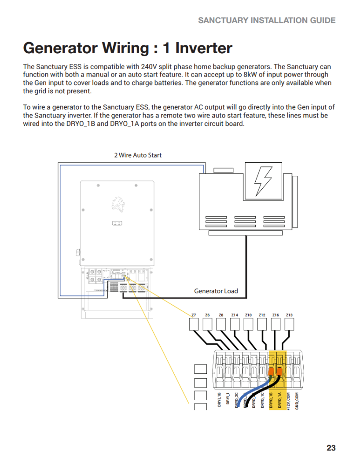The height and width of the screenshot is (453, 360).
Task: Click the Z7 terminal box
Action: (194, 324)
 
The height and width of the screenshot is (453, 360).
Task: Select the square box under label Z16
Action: (276, 324)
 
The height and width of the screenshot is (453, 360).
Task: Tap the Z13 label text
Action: (289, 315)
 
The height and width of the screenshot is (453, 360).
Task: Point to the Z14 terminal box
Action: (235, 324)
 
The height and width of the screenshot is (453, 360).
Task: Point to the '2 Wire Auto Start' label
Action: (138, 155)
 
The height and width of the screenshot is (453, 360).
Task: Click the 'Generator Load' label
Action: (216, 291)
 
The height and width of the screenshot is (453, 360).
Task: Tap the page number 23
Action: (331, 448)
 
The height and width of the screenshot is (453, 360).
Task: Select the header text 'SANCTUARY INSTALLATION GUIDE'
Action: (267, 20)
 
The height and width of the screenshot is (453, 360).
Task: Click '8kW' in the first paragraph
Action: (251, 74)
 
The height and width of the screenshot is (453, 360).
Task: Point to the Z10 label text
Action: (248, 315)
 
